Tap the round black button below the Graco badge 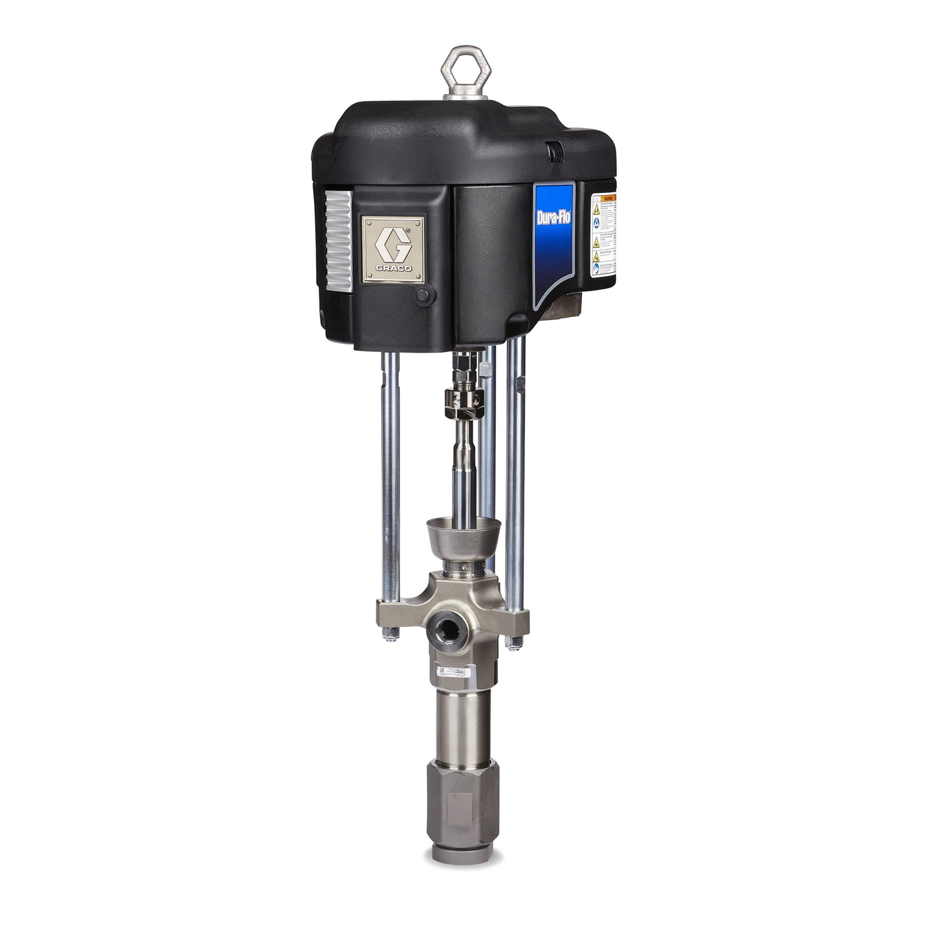(x=421, y=294)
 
